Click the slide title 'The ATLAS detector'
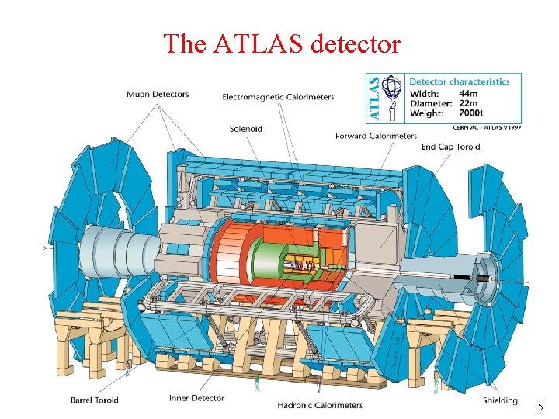(282, 43)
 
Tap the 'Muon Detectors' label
(158, 95)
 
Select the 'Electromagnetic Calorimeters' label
(278, 97)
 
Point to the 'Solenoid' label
(245, 128)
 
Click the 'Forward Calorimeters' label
(376, 136)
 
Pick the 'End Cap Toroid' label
(450, 147)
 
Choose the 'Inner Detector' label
(196, 398)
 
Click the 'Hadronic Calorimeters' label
(320, 404)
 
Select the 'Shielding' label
(499, 400)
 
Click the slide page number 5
(540, 407)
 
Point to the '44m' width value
(469, 93)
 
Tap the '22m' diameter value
(468, 103)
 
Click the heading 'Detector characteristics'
(459, 81)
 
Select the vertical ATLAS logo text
(373, 97)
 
